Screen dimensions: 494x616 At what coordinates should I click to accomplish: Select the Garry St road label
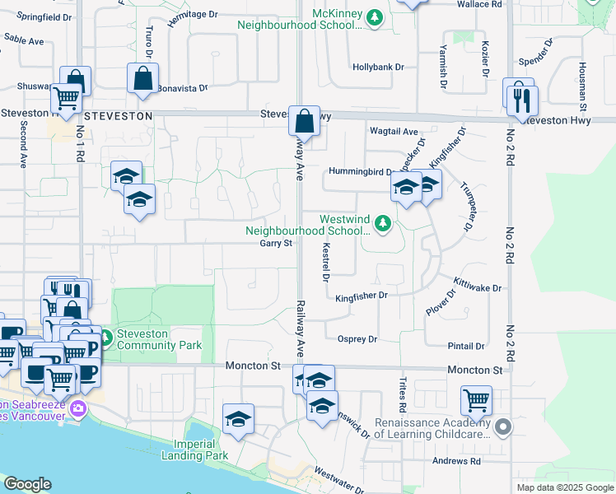pos(276,244)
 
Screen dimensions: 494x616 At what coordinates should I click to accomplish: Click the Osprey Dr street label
pos(357,339)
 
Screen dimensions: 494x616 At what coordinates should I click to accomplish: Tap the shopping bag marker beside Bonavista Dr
pos(142,78)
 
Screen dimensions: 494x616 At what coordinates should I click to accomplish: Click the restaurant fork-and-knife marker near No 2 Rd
pos(522,100)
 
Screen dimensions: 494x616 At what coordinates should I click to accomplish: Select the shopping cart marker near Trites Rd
pos(477,402)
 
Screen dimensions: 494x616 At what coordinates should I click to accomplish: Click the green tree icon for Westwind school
pos(382,222)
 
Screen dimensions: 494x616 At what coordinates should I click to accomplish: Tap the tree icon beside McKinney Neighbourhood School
pos(375,17)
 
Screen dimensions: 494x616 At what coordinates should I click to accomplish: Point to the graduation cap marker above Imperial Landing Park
pos(238,418)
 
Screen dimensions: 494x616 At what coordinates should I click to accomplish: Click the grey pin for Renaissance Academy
pos(503,426)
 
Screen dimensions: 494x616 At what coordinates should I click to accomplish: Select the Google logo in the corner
pos(27,484)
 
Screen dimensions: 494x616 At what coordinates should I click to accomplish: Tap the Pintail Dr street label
pos(467,347)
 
